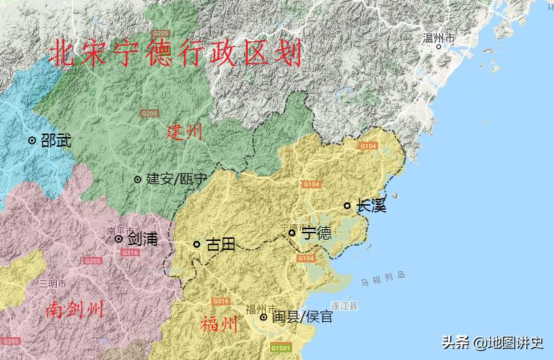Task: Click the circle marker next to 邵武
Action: pos(32,140)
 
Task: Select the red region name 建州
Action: pos(184,132)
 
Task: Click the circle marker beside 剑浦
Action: pos(118,239)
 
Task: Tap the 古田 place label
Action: pos(220,244)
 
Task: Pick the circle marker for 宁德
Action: pos(292,233)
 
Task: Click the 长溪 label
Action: pos(370,206)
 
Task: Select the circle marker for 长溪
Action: pos(348,206)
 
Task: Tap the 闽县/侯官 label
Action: pos(302,317)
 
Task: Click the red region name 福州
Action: pos(219,324)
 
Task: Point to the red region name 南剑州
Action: pos(75,309)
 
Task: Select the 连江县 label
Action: pos(343,305)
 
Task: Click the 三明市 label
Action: pos(53,283)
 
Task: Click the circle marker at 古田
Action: pos(197,244)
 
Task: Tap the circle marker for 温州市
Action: pos(438,47)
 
